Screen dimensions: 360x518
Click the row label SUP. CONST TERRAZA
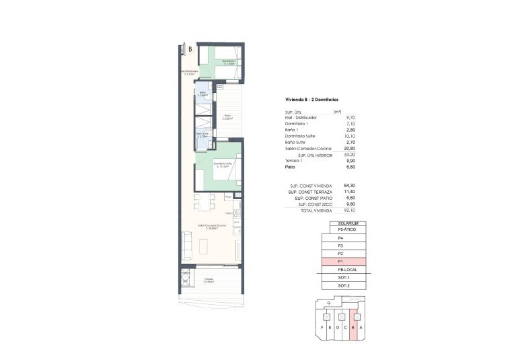(313, 192)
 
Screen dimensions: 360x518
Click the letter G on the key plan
(328, 304)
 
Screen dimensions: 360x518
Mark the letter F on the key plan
(323, 327)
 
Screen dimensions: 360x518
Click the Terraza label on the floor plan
(209, 279)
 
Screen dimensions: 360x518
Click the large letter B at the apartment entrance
(190, 49)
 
